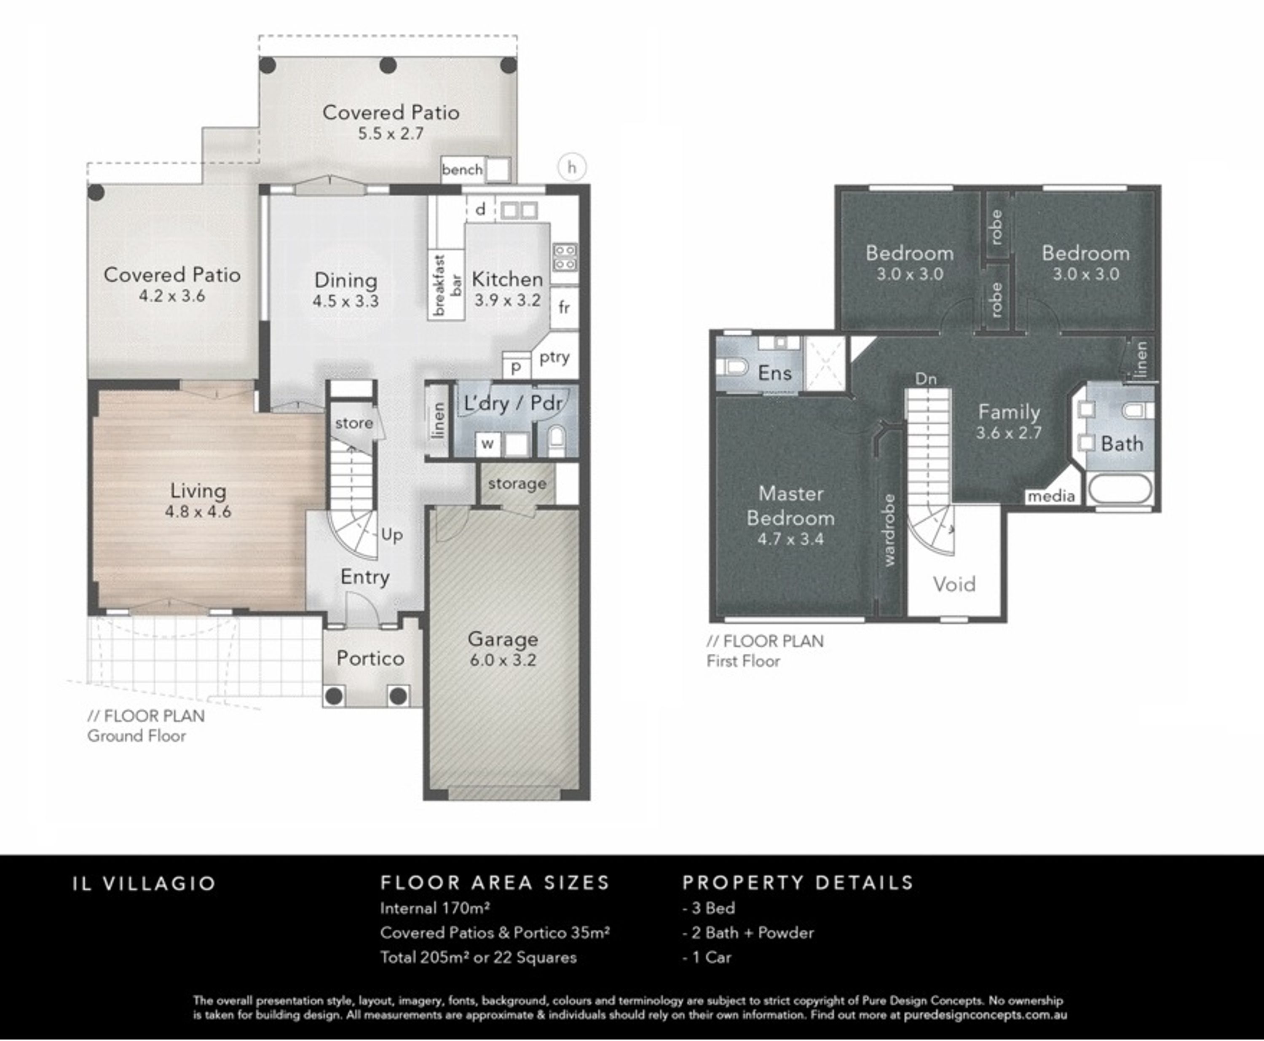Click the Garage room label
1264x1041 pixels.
click(503, 639)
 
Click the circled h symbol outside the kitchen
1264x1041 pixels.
click(572, 167)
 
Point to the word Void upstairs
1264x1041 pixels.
click(954, 584)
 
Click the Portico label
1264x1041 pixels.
click(370, 658)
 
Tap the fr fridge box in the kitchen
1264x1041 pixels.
click(564, 308)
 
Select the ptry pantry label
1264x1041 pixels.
click(554, 357)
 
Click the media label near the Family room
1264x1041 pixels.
click(1051, 496)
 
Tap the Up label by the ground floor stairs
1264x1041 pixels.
click(392, 534)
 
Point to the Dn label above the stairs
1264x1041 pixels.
click(926, 378)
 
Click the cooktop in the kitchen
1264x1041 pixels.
click(565, 257)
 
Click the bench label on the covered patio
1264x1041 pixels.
click(462, 170)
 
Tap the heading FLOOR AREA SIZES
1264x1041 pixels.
click(495, 883)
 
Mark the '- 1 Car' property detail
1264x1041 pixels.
click(707, 957)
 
